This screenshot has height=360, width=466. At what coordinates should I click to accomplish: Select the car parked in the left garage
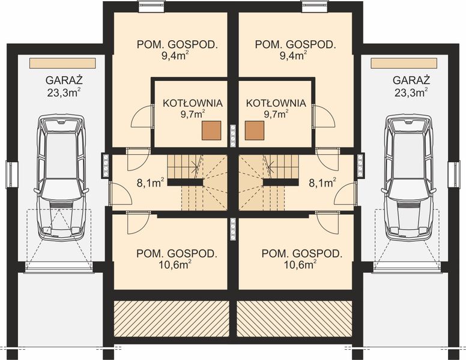pos(60,176)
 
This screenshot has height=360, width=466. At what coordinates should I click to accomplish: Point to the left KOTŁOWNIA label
pos(193,103)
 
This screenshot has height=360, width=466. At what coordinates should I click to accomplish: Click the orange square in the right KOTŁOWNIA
pos(254,130)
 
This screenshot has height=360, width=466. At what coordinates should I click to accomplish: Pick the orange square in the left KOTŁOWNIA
pos(211,130)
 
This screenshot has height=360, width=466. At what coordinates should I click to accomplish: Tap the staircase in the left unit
pos(196,179)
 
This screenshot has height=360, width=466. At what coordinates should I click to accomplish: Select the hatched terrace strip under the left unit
pos(171,319)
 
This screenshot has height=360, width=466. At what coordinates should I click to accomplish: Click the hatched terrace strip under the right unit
pos(294,319)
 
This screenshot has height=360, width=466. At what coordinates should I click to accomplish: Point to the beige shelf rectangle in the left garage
pos(62,63)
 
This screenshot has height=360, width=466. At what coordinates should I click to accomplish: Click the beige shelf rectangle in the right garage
pos(404,63)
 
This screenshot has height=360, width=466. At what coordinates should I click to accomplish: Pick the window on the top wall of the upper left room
pos(148,7)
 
